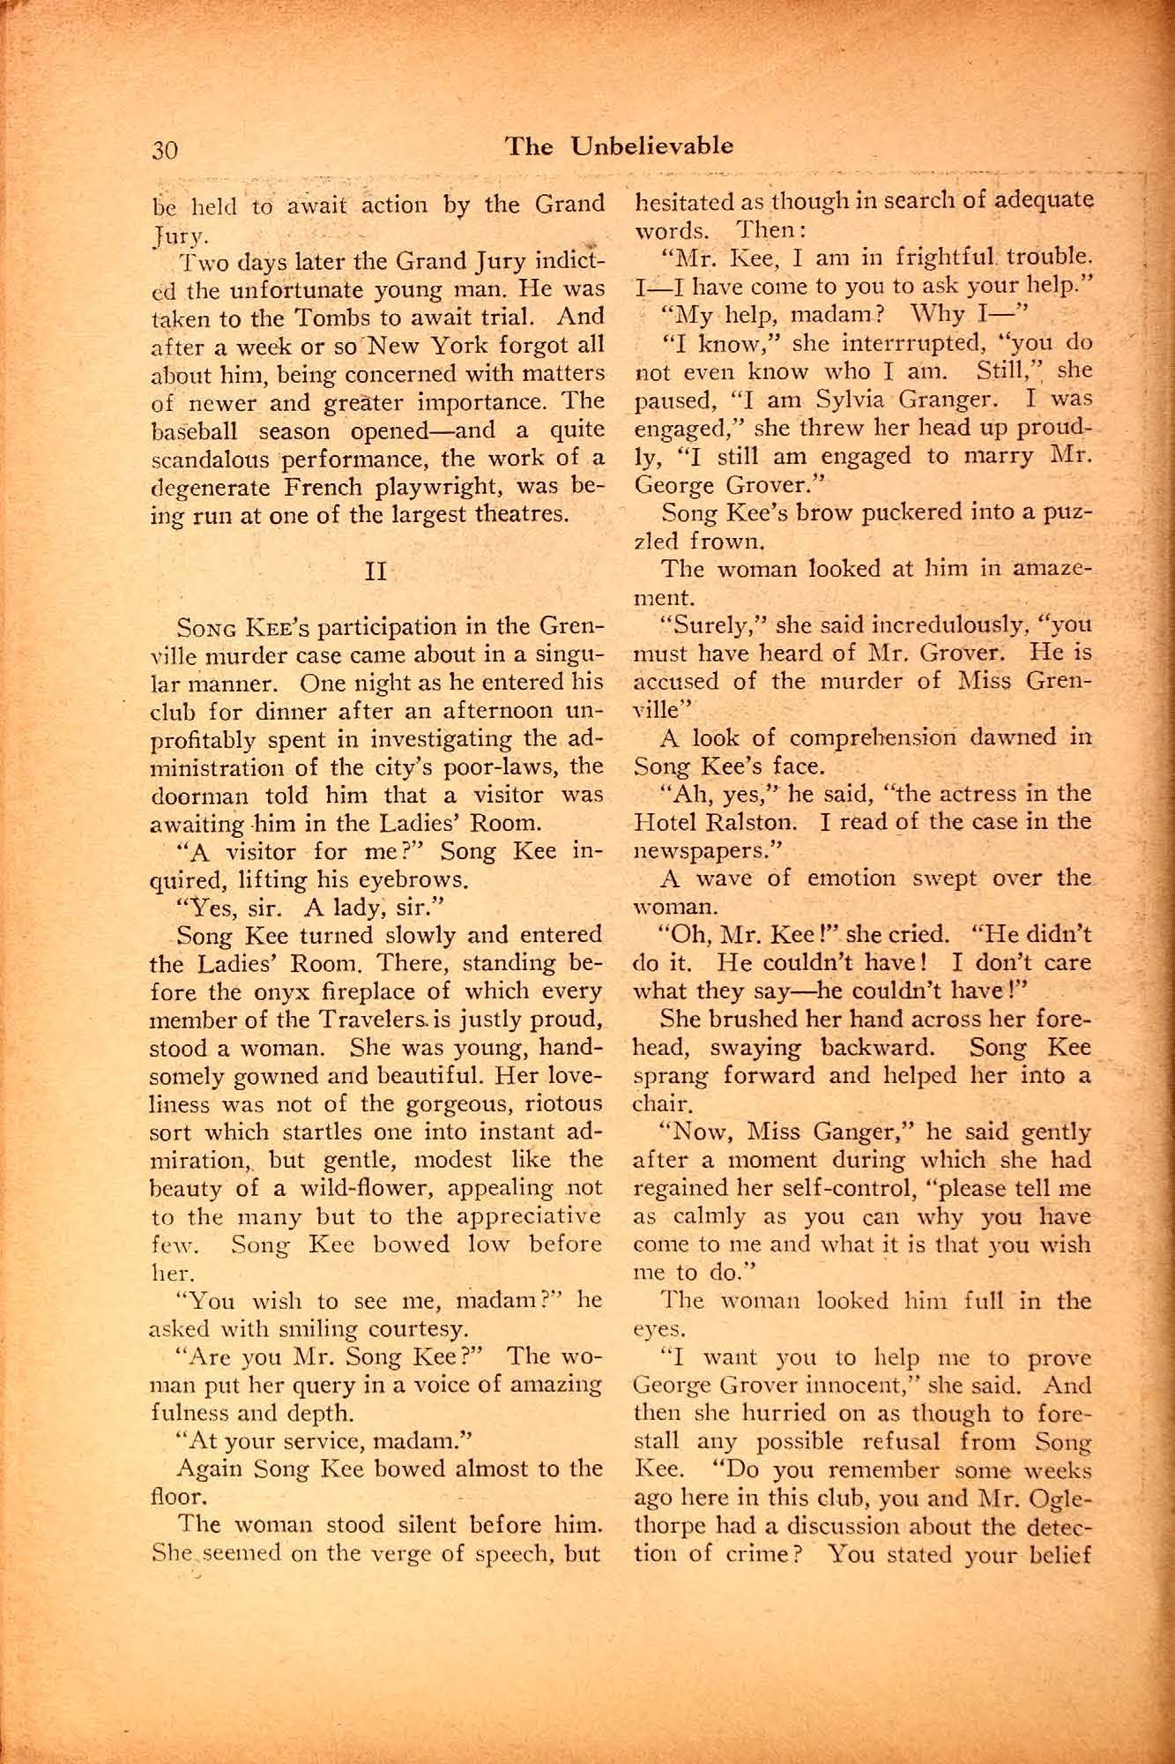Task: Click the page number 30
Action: pyautogui.click(x=165, y=149)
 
